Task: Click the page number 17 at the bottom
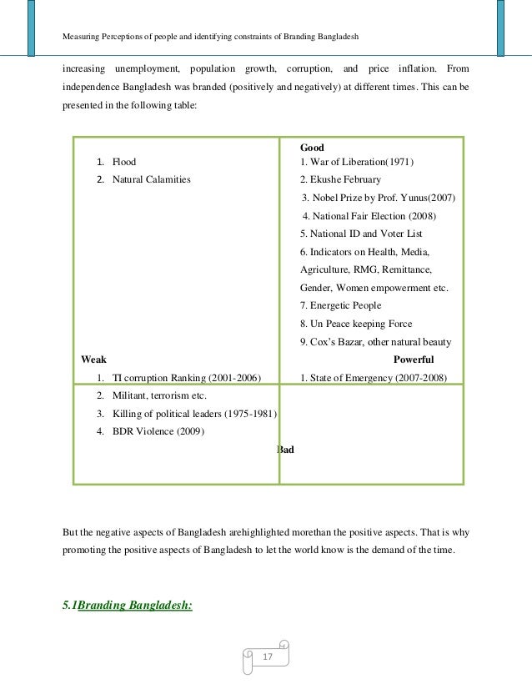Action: point(267,657)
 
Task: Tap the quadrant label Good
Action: point(312,148)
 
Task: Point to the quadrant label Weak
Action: point(93,360)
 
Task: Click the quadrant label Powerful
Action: point(413,360)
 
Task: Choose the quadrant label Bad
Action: point(285,450)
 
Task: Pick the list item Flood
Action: point(124,162)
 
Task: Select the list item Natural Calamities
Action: point(151,179)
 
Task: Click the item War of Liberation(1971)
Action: point(357,162)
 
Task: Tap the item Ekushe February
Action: point(340,179)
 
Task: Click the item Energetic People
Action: point(340,305)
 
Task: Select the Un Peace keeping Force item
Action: point(356,324)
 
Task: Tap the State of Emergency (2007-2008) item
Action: point(374,378)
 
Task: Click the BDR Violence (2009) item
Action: point(157,431)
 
